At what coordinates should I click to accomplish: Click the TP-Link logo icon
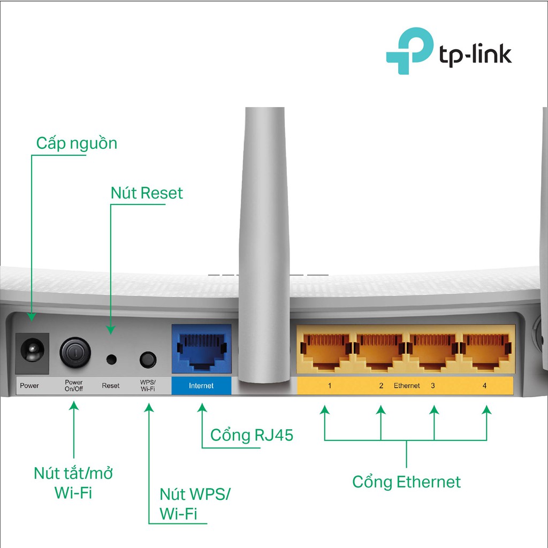click(x=409, y=51)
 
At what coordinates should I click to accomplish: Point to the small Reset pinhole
click(x=111, y=358)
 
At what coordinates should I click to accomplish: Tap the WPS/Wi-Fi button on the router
click(x=147, y=359)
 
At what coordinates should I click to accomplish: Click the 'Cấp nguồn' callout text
click(x=77, y=143)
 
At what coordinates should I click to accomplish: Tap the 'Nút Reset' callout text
click(x=147, y=193)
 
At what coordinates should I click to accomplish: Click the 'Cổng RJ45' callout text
click(x=252, y=435)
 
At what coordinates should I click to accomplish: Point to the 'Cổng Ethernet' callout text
click(x=406, y=482)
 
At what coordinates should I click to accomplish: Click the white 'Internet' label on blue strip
click(x=201, y=386)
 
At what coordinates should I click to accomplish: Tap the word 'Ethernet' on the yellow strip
click(x=407, y=386)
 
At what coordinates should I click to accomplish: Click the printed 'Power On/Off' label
click(x=74, y=385)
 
